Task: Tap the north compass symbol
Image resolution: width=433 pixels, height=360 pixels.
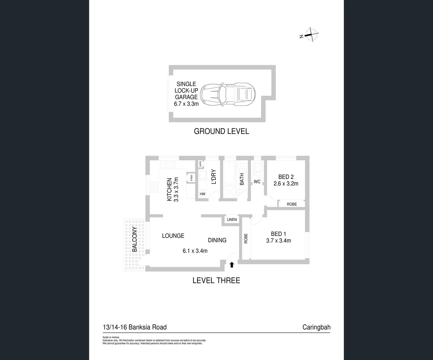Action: pos(310,35)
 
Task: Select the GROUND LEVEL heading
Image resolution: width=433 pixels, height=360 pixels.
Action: pos(222,131)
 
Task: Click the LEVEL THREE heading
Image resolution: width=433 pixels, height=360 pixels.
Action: pos(216,280)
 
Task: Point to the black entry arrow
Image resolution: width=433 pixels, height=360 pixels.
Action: pos(232,265)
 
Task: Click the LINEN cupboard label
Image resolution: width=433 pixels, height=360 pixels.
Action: pos(232,219)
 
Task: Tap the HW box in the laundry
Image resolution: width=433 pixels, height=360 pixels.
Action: pos(202,194)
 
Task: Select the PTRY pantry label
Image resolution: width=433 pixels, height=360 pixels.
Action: pos(191,178)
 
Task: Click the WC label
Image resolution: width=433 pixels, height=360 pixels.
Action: pos(257,182)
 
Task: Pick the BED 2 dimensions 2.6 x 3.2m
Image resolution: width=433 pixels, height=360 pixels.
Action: pos(286,184)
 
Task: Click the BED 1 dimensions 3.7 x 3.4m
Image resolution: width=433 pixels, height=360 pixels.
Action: pos(279,241)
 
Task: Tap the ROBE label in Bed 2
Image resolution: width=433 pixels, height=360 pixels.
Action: pos(292,204)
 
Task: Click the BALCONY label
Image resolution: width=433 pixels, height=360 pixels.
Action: pos(134,239)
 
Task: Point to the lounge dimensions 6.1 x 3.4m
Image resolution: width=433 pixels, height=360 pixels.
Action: pos(195,251)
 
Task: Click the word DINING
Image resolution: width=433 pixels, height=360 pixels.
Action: pos(217,240)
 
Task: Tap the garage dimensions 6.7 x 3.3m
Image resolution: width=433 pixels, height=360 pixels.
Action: pos(186,104)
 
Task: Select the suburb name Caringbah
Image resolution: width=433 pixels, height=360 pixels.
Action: pos(316,327)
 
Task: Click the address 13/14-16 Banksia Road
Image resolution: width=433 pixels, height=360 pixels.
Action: pos(135,327)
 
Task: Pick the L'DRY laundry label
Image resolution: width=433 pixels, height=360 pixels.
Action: pos(214,177)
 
